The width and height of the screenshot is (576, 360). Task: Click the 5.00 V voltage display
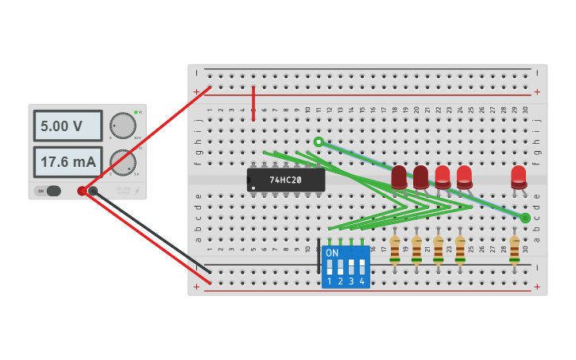[68, 126]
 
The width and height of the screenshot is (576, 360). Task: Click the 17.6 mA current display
[68, 162]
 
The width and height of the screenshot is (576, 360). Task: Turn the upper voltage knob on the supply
[122, 126]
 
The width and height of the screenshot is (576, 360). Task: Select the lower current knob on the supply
[122, 162]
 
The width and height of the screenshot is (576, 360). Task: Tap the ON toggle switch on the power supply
[52, 191]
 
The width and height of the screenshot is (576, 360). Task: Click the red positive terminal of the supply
[82, 191]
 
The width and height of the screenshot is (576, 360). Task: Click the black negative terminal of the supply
[93, 191]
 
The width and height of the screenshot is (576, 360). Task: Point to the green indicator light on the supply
[136, 112]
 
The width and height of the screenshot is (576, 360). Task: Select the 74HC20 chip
[285, 180]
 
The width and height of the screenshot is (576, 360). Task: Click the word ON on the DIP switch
[332, 253]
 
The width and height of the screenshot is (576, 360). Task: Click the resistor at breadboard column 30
[514, 249]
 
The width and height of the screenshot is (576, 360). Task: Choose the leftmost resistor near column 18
[395, 249]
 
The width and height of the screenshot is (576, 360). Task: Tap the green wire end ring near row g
[319, 142]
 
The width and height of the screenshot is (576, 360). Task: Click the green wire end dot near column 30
[525, 217]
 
